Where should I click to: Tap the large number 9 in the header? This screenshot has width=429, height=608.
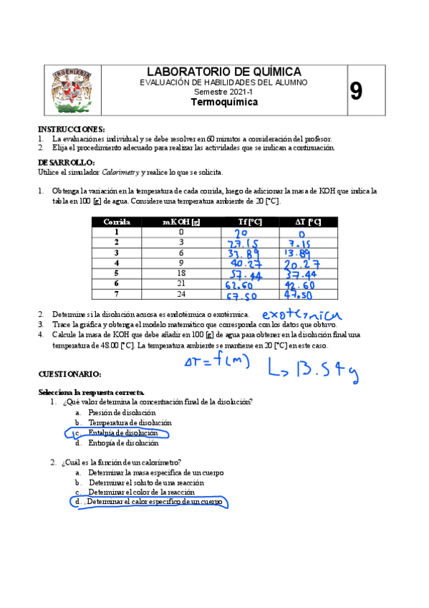tap(356, 91)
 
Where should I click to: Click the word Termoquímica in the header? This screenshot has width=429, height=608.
tap(223, 103)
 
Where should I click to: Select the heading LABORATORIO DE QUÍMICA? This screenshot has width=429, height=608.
tap(223, 72)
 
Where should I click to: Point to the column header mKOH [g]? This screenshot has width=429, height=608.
tap(181, 222)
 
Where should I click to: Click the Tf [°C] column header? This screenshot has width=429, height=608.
tap(249, 222)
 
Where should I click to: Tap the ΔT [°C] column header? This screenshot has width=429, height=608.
tap(307, 222)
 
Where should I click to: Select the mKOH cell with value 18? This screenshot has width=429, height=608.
tap(181, 273)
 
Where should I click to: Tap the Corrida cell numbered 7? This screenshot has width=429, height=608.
tap(116, 294)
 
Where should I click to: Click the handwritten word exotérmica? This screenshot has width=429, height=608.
tap(302, 315)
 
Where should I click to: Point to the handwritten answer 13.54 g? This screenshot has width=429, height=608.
tap(312, 369)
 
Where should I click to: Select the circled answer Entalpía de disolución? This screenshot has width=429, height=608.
tap(117, 433)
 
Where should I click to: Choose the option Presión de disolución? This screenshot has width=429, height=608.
tap(122, 413)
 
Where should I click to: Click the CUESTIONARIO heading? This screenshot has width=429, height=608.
tap(69, 374)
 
